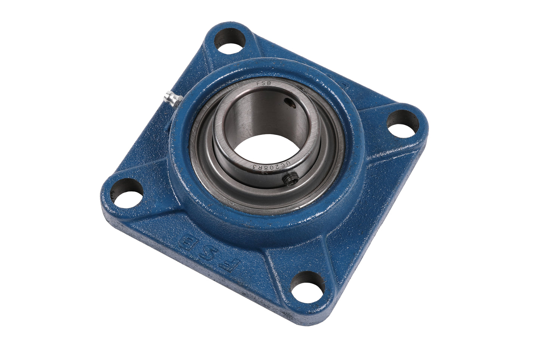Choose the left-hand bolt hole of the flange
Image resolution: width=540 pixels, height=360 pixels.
pyautogui.click(x=126, y=191)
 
